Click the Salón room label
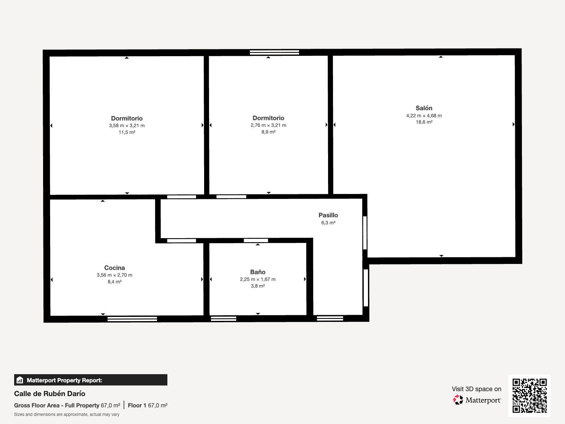[x=424, y=108]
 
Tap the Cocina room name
[x=114, y=268]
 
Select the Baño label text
[x=258, y=272]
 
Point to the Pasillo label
[x=328, y=215]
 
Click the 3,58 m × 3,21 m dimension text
[x=127, y=126]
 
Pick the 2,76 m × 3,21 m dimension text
[x=268, y=125]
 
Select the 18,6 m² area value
[x=424, y=122]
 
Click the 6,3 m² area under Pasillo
[x=328, y=223]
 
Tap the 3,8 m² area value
[x=258, y=286]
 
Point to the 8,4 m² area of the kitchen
[x=114, y=282]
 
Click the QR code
[x=529, y=396]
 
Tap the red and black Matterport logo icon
[x=458, y=400]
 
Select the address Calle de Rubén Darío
[x=50, y=394]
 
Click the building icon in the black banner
[x=20, y=380]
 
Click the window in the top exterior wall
[x=274, y=53]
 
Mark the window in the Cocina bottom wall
[x=132, y=319]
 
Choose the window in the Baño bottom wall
[x=224, y=319]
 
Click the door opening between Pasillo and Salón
[x=365, y=233]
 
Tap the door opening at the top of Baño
[x=256, y=241]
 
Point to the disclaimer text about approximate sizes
[x=67, y=414]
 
